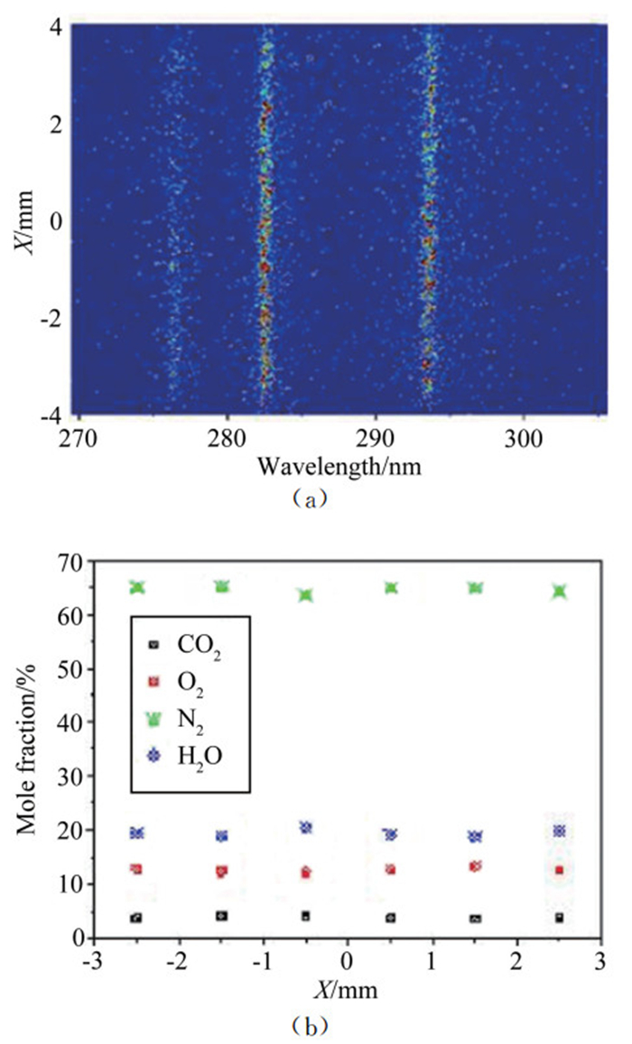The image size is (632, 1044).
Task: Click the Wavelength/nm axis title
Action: (x=339, y=467)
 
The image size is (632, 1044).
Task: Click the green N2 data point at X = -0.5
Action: (x=306, y=595)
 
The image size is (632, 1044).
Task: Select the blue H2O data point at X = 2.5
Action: (x=560, y=831)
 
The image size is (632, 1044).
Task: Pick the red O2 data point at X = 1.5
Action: (x=475, y=866)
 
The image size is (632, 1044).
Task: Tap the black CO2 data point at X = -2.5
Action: (x=136, y=918)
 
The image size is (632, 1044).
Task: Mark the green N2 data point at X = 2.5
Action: (x=560, y=591)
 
